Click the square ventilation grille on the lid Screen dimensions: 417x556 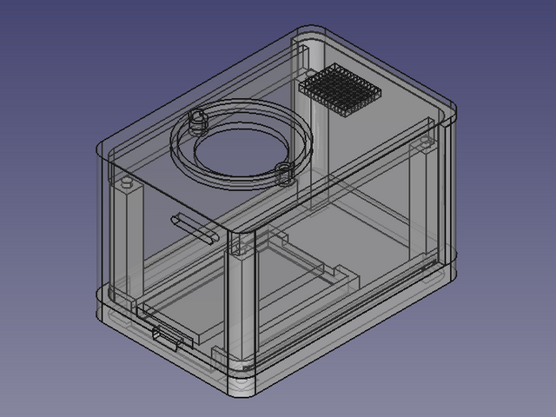tap(341, 89)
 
